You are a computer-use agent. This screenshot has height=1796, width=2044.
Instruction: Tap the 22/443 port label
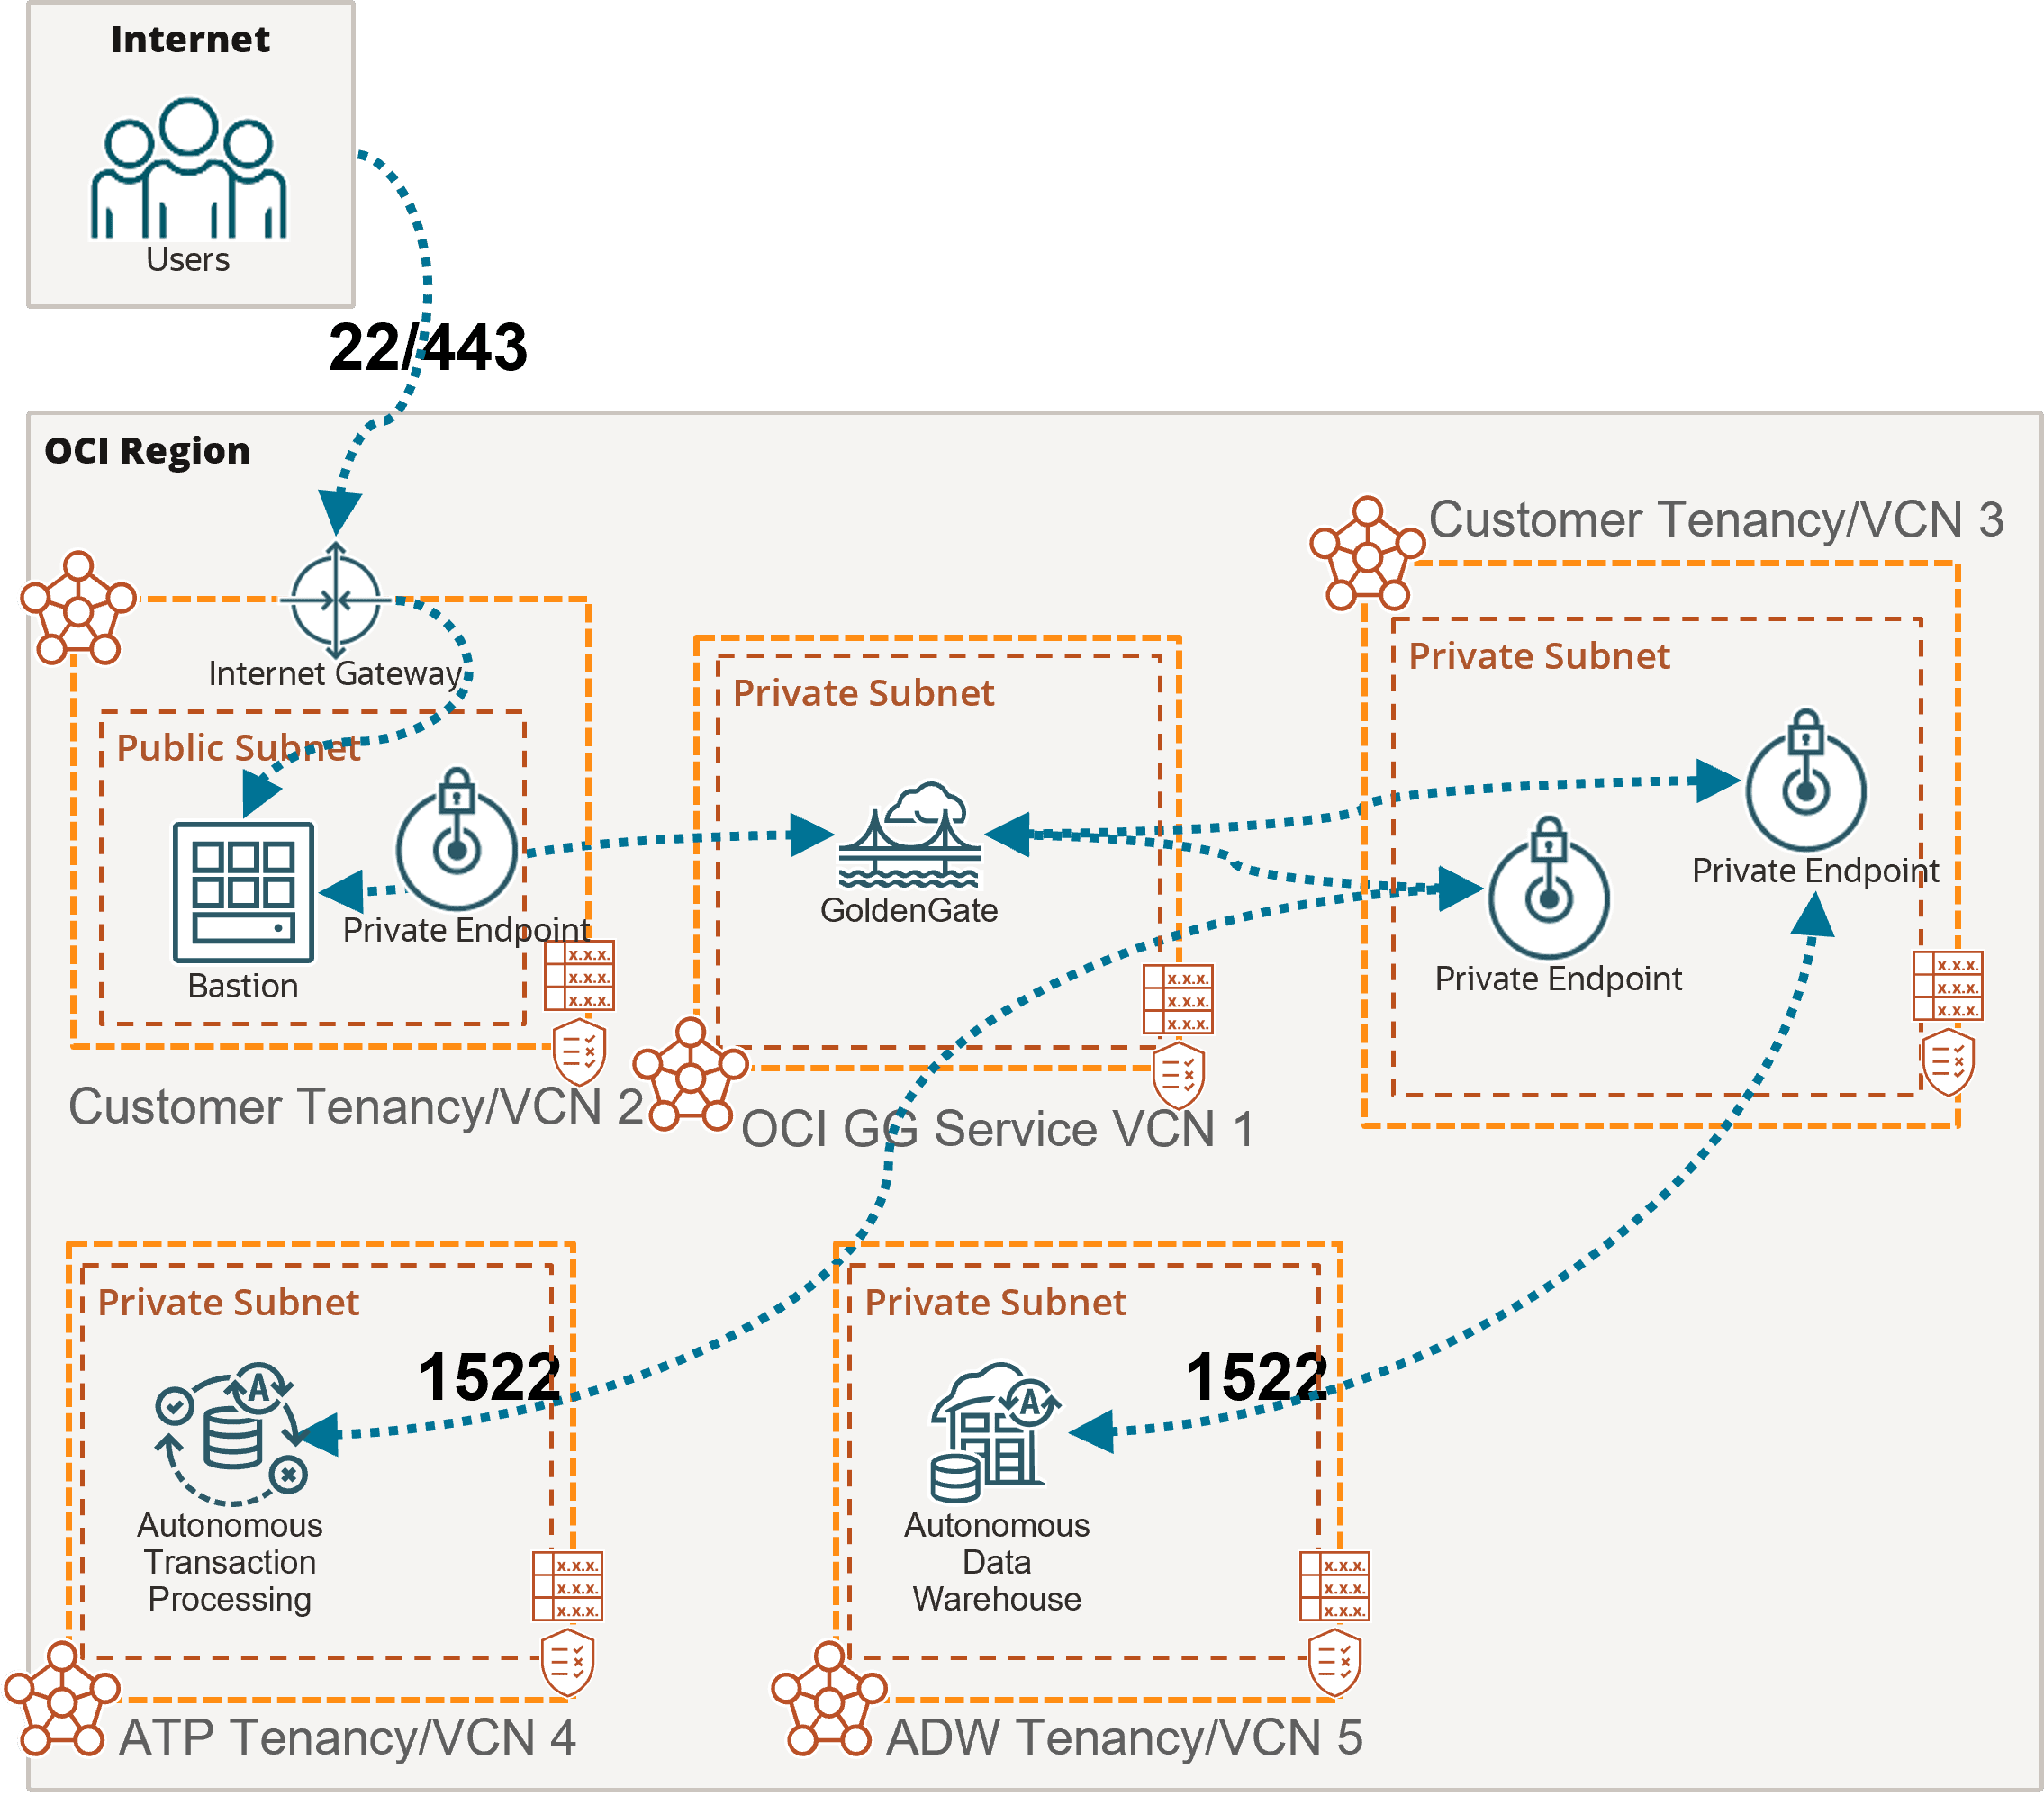pos(428,347)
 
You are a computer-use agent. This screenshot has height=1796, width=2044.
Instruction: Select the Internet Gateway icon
pos(335,599)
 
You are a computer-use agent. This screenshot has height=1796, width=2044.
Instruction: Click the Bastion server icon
pos(243,893)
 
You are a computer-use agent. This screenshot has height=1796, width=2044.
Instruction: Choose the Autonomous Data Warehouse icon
pos(994,1431)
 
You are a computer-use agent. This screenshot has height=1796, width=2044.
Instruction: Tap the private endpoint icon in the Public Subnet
pos(457,838)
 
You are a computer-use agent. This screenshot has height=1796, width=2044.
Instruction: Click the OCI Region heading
pos(147,451)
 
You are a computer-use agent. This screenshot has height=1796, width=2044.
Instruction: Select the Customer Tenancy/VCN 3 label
pos(1716,520)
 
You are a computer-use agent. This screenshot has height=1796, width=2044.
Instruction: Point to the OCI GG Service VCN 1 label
pos(997,1129)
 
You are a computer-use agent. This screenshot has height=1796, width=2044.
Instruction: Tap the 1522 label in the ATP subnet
pos(489,1377)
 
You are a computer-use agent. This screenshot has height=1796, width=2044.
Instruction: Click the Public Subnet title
pos(238,748)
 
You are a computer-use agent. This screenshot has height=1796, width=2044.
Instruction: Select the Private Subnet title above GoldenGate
pos(864,693)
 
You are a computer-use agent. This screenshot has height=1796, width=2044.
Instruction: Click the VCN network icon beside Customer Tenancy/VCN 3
pos(1368,554)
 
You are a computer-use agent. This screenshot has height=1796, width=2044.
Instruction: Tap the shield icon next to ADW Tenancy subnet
pos(1335,1662)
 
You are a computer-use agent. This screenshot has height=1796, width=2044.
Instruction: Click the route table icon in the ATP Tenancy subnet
pos(567,1586)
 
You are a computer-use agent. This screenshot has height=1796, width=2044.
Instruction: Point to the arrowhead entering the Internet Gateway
pos(339,513)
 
